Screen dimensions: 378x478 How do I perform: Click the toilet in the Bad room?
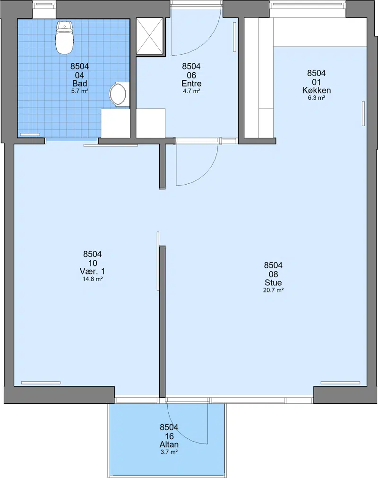pyautogui.click(x=64, y=38)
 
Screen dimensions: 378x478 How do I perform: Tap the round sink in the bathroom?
pyautogui.click(x=118, y=94)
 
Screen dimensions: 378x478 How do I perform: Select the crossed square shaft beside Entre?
pyautogui.click(x=149, y=36)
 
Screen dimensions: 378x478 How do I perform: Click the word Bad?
pyautogui.click(x=79, y=83)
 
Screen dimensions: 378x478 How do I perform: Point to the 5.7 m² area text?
pyautogui.click(x=79, y=91)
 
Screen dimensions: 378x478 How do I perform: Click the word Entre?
pyautogui.click(x=191, y=83)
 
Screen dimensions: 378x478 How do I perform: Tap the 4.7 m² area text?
pyautogui.click(x=191, y=91)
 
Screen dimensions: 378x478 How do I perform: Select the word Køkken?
pyautogui.click(x=317, y=90)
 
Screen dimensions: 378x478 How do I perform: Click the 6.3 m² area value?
pyautogui.click(x=317, y=98)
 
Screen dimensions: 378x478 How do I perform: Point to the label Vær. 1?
pyautogui.click(x=92, y=271)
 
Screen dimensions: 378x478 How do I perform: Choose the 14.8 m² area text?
pyautogui.click(x=92, y=279)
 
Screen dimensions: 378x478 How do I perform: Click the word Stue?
pyautogui.click(x=273, y=282)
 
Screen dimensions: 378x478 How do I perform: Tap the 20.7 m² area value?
pyautogui.click(x=273, y=290)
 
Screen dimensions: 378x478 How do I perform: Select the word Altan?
pyautogui.click(x=169, y=444)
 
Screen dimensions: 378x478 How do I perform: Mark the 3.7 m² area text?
pyautogui.click(x=169, y=452)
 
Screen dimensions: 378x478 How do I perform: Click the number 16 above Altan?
pyautogui.click(x=169, y=436)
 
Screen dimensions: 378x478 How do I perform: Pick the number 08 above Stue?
pyautogui.click(x=273, y=274)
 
